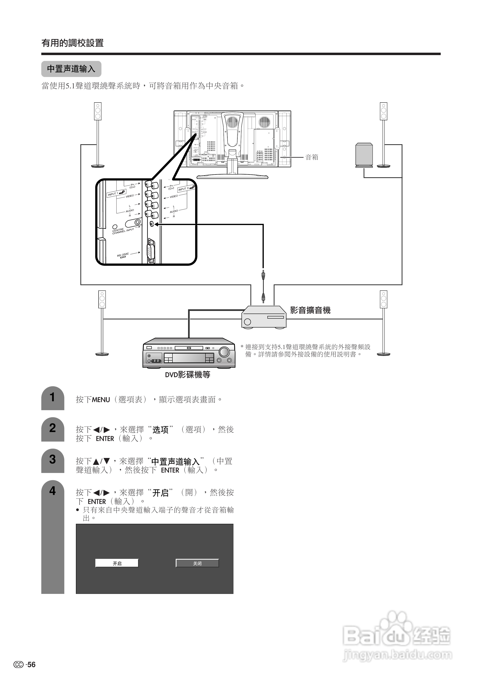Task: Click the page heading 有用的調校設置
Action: (72, 43)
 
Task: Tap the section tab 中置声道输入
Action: (71, 69)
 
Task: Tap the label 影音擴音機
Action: (310, 310)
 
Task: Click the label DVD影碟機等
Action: (188, 375)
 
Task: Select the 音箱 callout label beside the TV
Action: (312, 157)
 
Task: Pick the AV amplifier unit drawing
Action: (264, 317)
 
